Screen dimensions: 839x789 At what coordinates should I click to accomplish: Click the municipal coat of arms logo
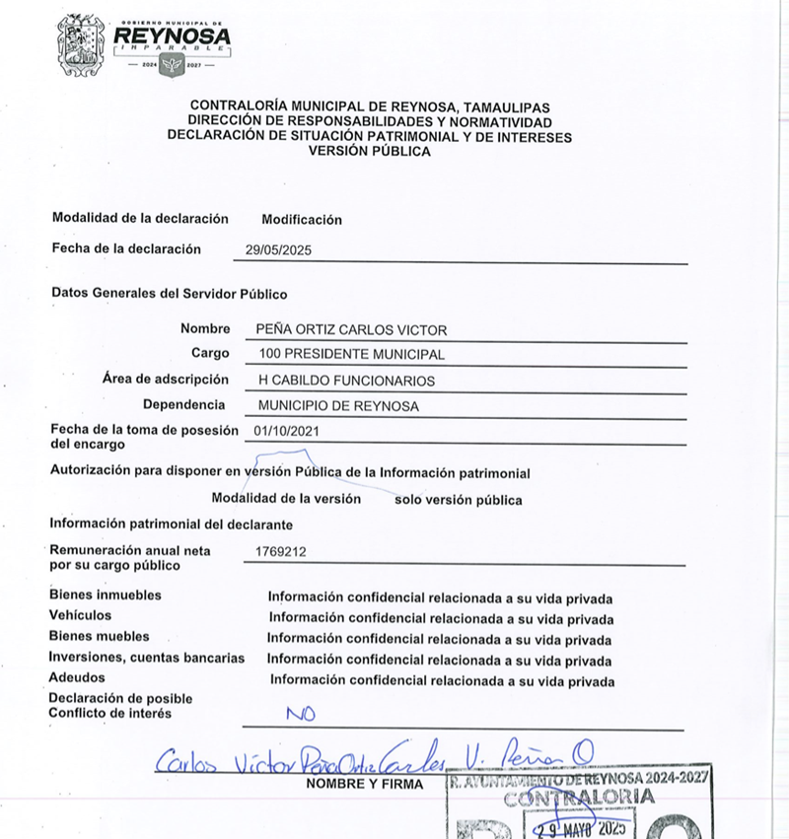click(x=80, y=44)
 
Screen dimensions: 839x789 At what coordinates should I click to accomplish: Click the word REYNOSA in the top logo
click(x=173, y=36)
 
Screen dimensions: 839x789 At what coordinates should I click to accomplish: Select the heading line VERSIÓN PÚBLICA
click(x=369, y=152)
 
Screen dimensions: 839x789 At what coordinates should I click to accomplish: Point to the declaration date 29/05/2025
click(x=278, y=250)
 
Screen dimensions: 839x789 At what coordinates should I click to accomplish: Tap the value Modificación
click(x=302, y=220)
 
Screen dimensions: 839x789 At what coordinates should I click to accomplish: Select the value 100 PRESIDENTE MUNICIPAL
click(x=351, y=354)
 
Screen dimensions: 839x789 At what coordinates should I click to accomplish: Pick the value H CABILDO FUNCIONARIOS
click(x=346, y=381)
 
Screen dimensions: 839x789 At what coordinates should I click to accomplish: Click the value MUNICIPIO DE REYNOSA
click(x=338, y=406)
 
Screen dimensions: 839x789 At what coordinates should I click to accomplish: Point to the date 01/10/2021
click(x=287, y=431)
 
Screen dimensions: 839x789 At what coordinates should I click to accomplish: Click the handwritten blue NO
click(x=301, y=712)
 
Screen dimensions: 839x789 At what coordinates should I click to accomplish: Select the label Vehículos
click(x=80, y=616)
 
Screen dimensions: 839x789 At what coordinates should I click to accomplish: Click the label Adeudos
click(x=77, y=678)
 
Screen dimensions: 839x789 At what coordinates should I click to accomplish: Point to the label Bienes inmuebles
click(x=105, y=595)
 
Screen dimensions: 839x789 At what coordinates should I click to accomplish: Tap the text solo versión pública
click(x=458, y=500)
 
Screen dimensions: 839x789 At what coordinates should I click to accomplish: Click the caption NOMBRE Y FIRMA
click(x=364, y=785)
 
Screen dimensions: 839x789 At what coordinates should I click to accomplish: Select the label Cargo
click(x=210, y=353)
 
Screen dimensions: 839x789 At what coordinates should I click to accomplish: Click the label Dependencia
click(x=183, y=405)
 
